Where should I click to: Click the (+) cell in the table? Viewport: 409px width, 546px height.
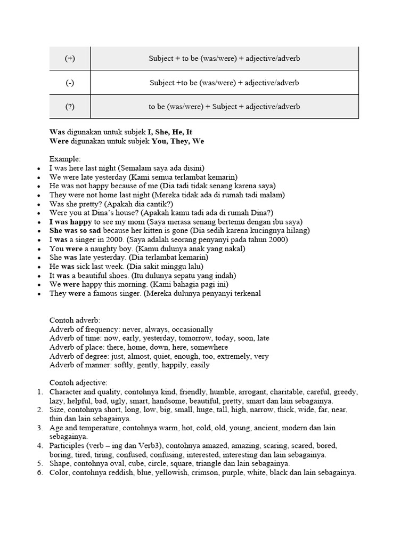(70, 58)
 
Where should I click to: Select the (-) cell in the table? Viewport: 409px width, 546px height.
(70, 83)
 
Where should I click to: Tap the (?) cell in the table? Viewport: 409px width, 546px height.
(70, 107)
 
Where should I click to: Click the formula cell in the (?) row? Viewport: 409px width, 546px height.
(224, 107)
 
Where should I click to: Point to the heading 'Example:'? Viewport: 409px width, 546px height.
(66, 159)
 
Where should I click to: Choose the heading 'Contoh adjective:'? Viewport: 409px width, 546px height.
(78, 383)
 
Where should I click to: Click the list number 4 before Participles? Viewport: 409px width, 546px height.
(39, 446)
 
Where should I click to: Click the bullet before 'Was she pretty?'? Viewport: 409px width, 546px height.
(39, 204)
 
